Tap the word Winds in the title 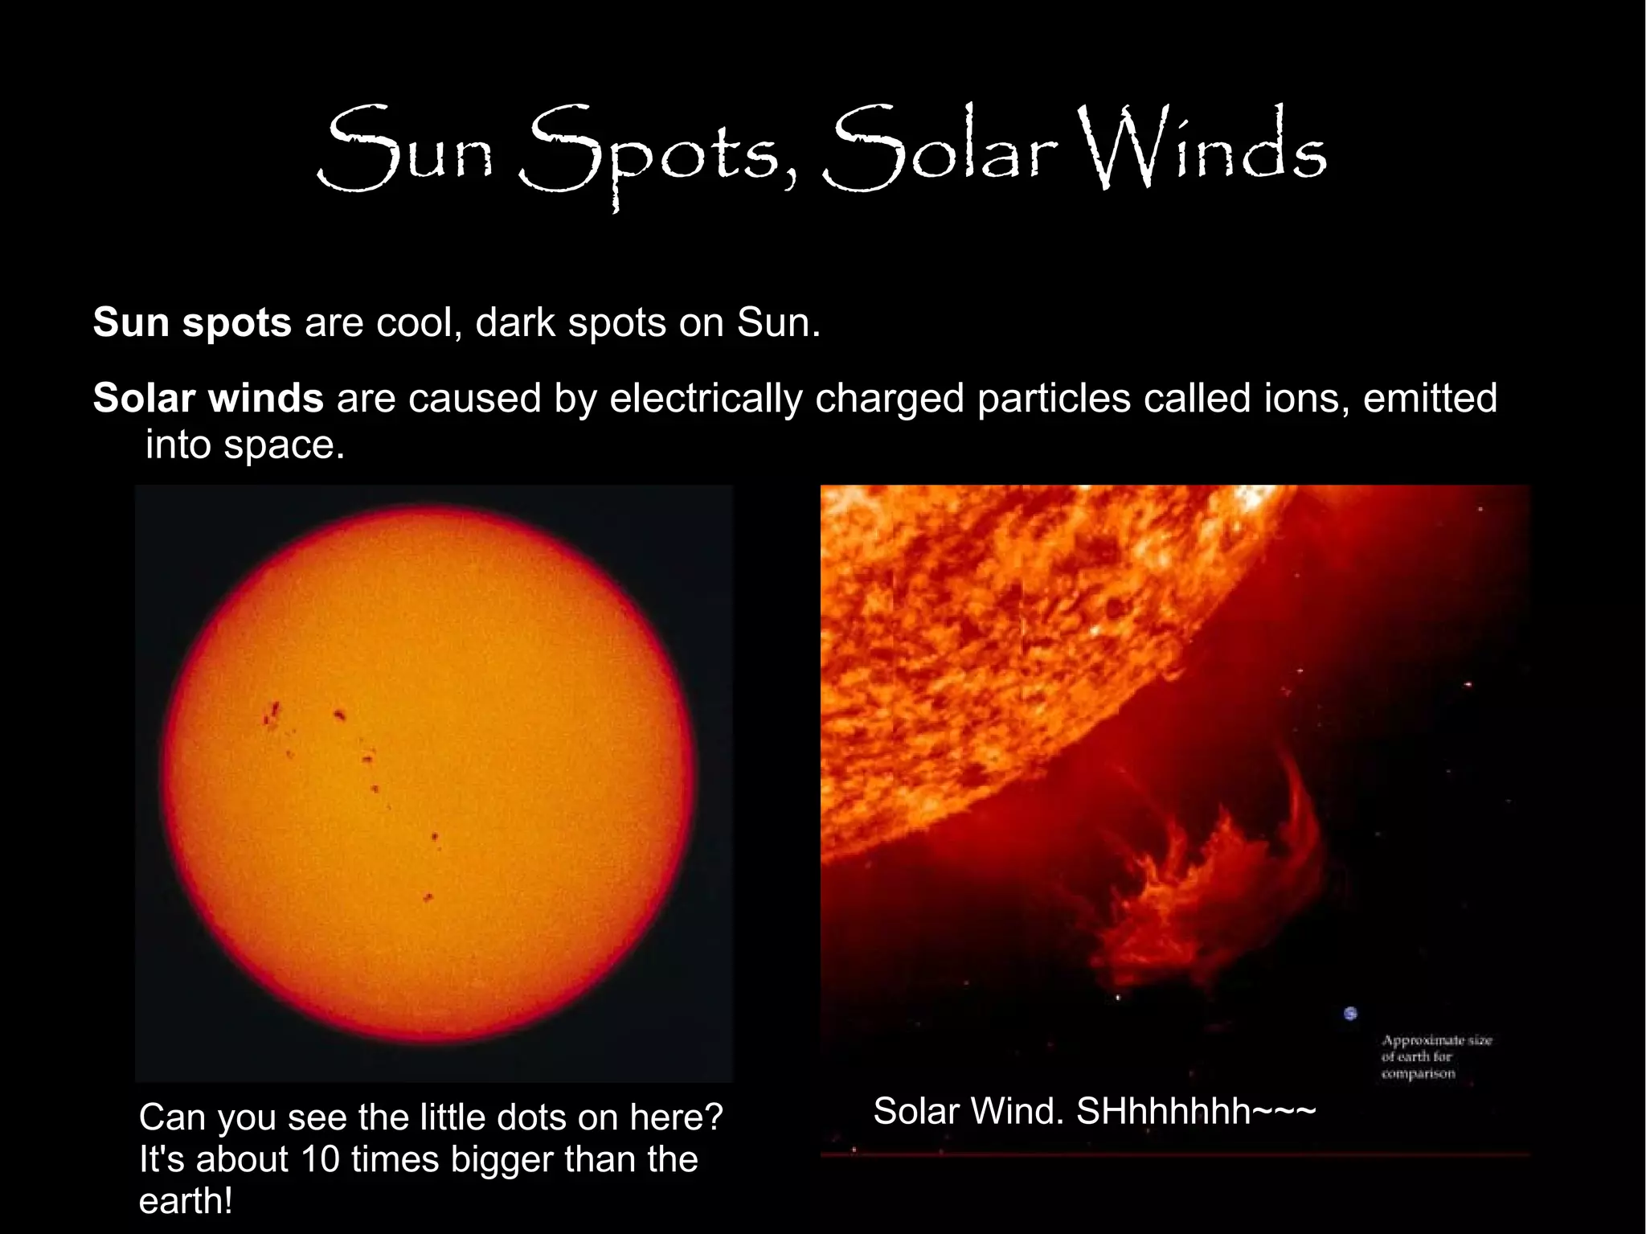1201,148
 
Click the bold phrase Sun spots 192,322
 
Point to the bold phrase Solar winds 208,398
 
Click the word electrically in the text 706,400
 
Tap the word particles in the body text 1054,400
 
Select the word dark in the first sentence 515,322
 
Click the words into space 244,445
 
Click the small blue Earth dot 1350,1014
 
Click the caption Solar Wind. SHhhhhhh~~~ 1094,1112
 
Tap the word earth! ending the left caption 186,1202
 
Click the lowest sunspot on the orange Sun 428,897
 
